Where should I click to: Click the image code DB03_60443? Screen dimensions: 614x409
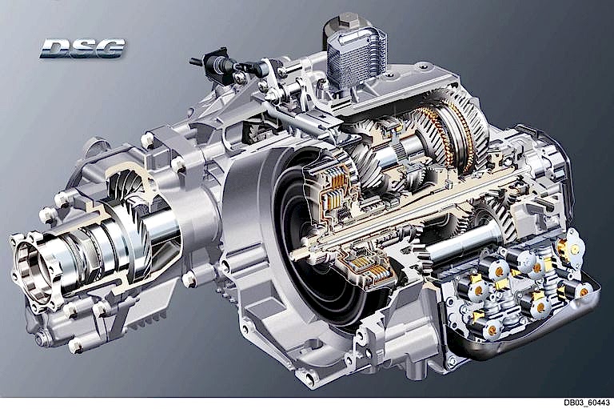click(587, 403)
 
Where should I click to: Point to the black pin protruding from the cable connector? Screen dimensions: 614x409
click(196, 62)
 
